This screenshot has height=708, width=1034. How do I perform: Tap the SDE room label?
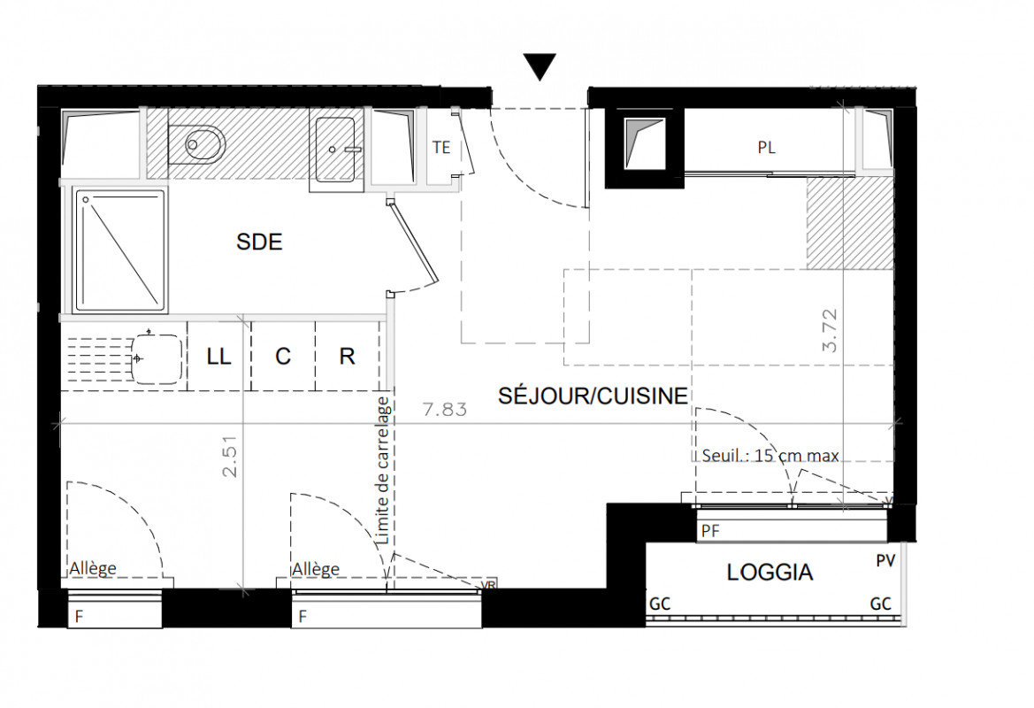[x=259, y=242]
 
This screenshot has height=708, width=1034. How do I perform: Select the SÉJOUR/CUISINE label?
[x=593, y=396]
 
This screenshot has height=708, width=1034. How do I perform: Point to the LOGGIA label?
[x=770, y=572]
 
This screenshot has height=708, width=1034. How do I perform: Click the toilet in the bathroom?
[x=196, y=144]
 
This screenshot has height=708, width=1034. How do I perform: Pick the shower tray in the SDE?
[x=119, y=250]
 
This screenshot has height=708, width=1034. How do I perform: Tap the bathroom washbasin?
[x=336, y=150]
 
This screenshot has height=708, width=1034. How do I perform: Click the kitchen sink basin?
[x=157, y=359]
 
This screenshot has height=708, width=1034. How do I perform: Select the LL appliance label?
[x=218, y=357]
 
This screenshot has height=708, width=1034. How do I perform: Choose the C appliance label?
[x=283, y=357]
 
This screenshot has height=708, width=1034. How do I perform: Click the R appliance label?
[x=347, y=357]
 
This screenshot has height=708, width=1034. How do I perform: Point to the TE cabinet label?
[x=441, y=147]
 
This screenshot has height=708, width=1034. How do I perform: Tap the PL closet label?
[x=766, y=148]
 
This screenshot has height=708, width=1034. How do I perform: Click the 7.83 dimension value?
[x=445, y=410]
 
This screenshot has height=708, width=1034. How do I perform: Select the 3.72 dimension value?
[x=830, y=331]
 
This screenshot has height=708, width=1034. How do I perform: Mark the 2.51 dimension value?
[x=229, y=455]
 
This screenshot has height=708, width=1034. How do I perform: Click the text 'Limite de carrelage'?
[x=382, y=471]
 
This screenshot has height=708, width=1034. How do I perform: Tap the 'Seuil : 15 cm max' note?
[x=770, y=455]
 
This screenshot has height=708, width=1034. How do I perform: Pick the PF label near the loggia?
[x=710, y=530]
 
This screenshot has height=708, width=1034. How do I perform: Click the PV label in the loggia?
[x=885, y=561]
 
